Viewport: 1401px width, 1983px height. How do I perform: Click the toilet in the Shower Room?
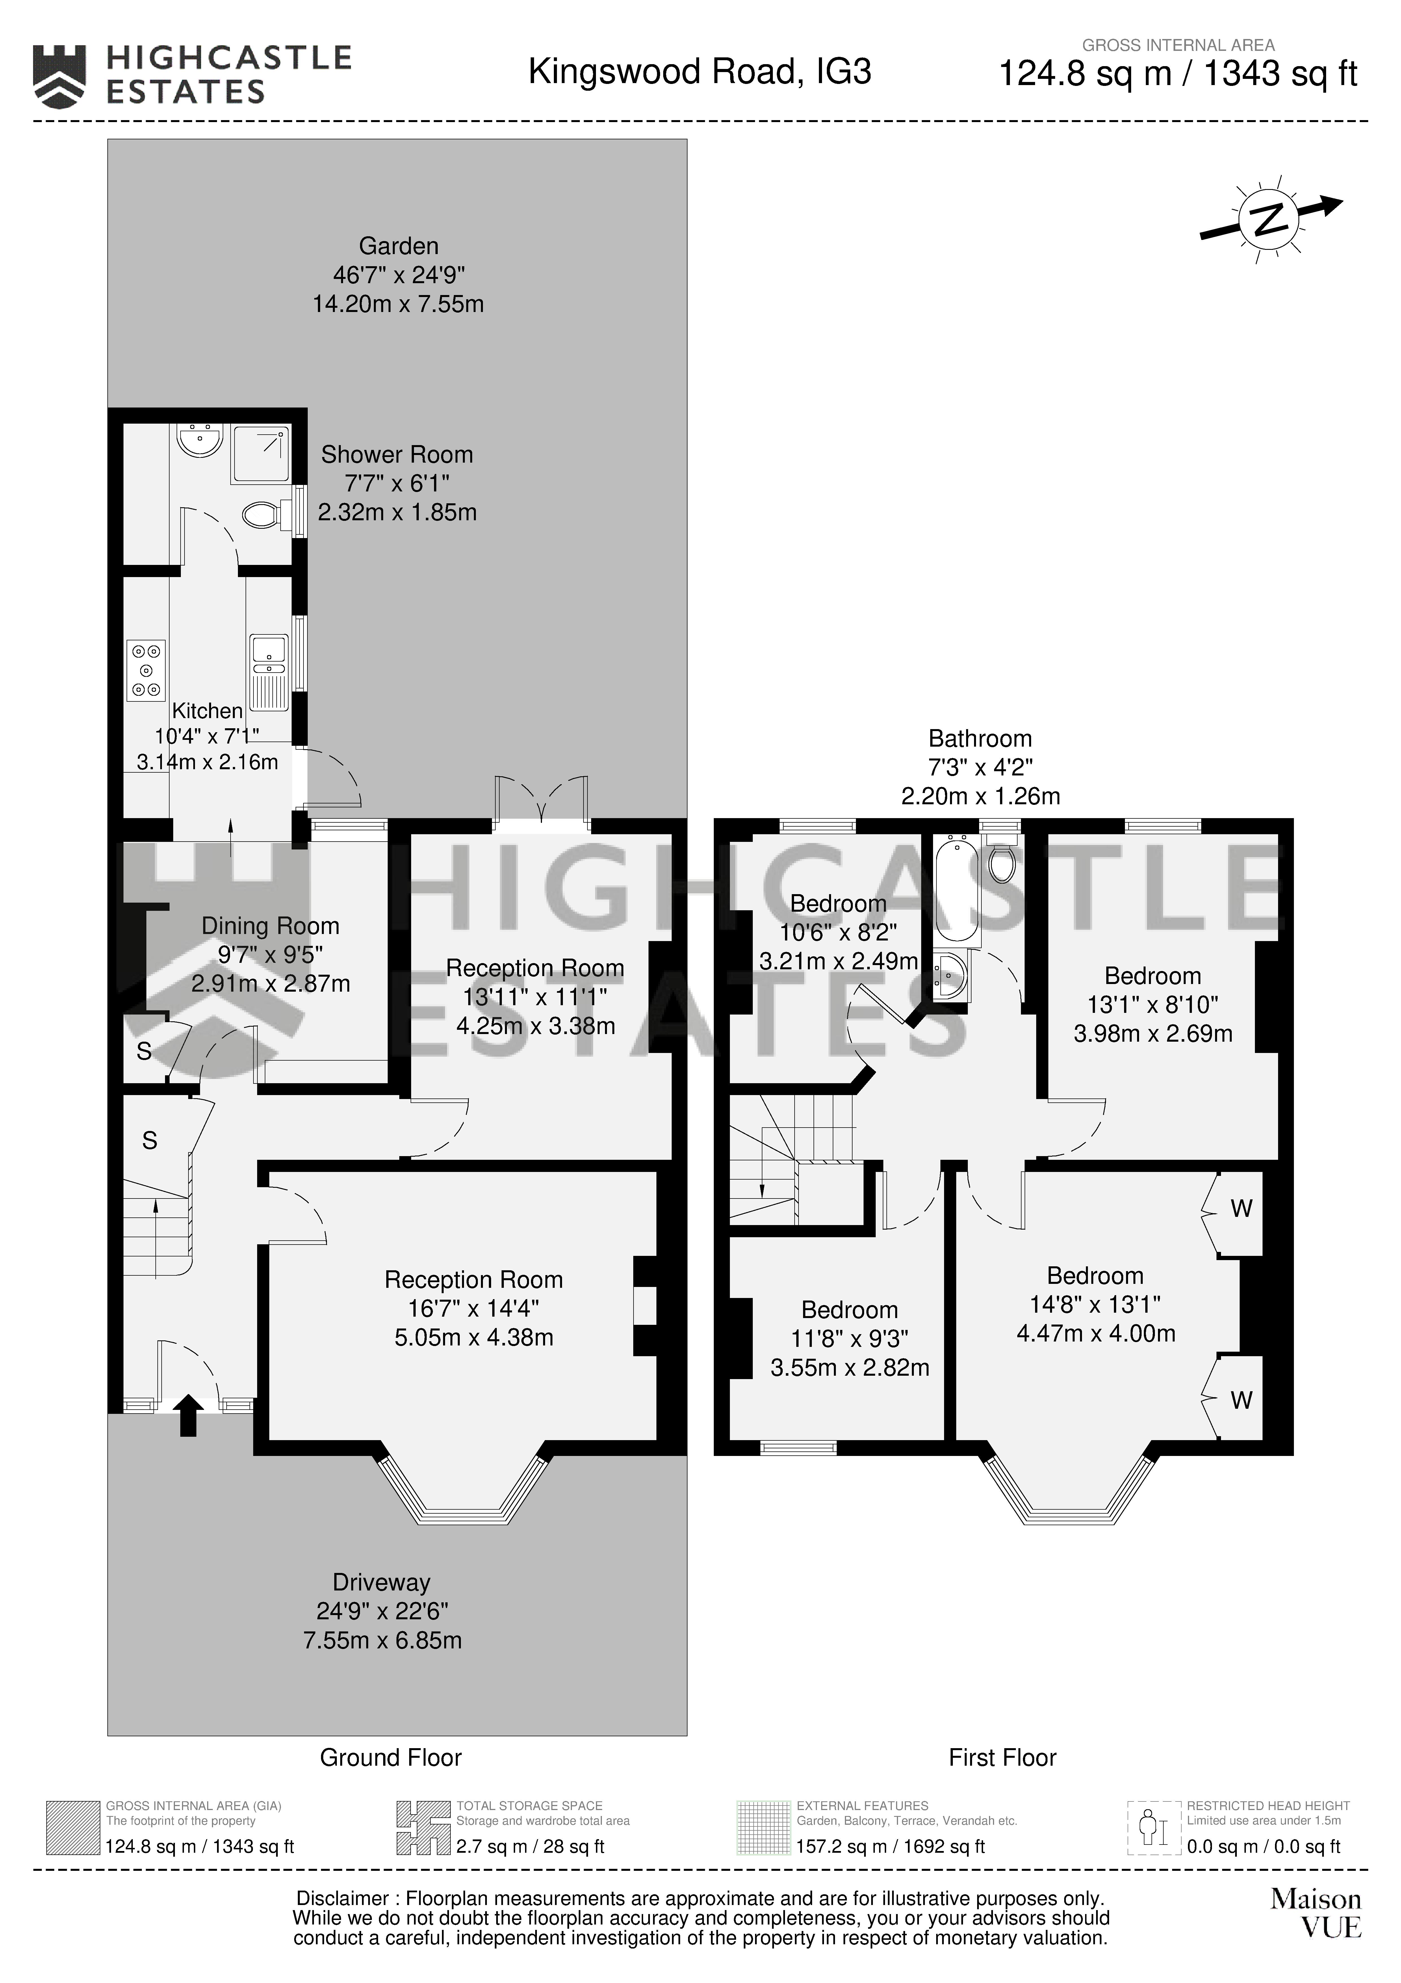click(262, 516)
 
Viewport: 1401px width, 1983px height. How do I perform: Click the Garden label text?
click(399, 246)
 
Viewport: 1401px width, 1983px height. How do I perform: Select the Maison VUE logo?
click(1315, 1913)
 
